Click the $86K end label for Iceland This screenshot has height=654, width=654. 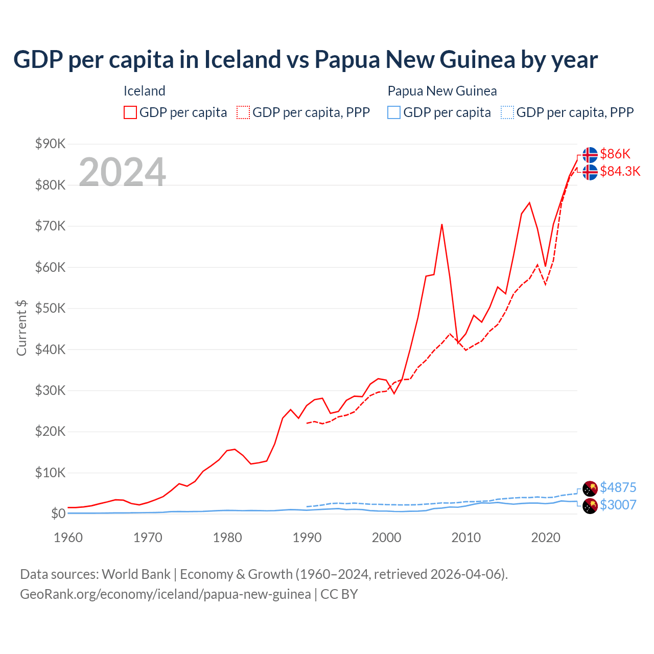[x=615, y=154]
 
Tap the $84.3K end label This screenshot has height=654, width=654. [x=620, y=171]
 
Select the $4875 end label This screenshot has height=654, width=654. [x=618, y=487]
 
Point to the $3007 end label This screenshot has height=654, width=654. [x=618, y=505]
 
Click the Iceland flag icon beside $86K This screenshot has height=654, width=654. [x=590, y=154]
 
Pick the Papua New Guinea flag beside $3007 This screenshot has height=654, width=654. [x=590, y=506]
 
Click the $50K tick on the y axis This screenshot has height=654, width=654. [x=50, y=308]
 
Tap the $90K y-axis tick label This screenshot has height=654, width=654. [x=50, y=144]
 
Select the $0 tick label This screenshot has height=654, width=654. [x=58, y=513]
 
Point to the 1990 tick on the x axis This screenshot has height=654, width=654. [x=307, y=538]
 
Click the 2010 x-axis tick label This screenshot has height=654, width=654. [x=466, y=538]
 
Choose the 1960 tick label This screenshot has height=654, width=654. [x=68, y=538]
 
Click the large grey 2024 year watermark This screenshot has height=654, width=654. [x=122, y=172]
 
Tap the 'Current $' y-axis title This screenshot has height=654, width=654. [x=21, y=328]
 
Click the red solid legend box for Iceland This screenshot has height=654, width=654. [x=130, y=112]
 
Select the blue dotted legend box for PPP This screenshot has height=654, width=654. [x=507, y=112]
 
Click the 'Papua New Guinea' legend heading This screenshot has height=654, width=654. [x=442, y=91]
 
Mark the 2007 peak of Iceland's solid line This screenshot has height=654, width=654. [x=442, y=224]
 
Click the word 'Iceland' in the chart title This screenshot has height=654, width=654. [x=243, y=59]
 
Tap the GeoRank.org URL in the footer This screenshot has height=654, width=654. [x=165, y=594]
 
